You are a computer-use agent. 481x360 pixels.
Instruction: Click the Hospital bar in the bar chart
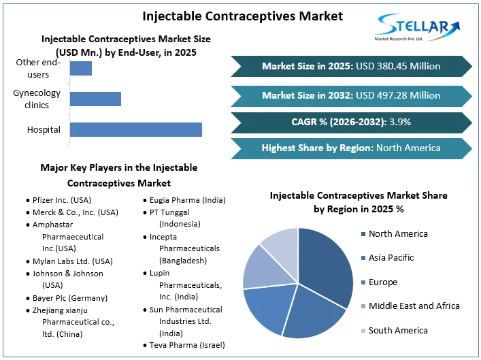(136, 129)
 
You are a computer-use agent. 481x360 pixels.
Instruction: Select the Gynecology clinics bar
(95, 99)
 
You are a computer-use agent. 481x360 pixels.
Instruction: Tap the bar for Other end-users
(81, 68)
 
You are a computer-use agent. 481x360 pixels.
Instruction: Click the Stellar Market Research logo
(417, 27)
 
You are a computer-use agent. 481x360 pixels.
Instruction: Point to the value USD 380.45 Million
(398, 66)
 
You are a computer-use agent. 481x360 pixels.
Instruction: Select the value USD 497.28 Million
(398, 95)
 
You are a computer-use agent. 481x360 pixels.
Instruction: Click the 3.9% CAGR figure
(400, 122)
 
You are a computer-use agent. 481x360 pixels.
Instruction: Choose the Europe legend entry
(380, 282)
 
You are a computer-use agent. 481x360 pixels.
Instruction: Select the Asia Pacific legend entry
(387, 258)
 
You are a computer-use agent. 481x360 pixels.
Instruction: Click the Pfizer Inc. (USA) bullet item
(59, 200)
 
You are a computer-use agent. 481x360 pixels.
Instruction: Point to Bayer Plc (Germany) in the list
(67, 298)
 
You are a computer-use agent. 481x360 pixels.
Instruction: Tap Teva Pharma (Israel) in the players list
(184, 345)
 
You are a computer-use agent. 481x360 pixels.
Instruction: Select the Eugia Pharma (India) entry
(184, 200)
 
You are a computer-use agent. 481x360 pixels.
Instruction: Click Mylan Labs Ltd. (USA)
(69, 261)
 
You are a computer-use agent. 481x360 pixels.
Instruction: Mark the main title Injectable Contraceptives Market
(243, 16)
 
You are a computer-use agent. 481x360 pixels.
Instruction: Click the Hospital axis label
(44, 129)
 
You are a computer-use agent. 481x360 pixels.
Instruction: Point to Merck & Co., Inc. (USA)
(72, 212)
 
